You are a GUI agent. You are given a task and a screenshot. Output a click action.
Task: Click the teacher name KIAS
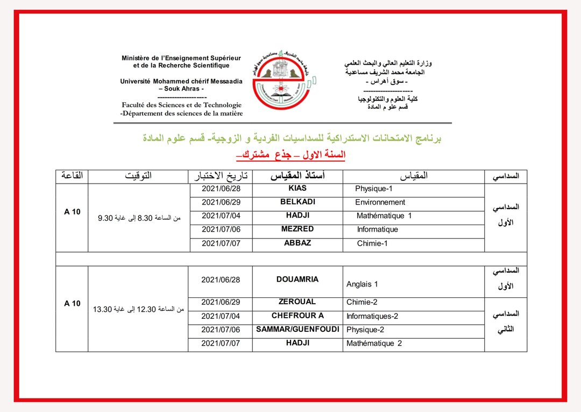297,188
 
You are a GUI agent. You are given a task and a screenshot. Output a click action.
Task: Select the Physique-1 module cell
374,189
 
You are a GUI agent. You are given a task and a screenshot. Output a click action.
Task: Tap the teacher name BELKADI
297,202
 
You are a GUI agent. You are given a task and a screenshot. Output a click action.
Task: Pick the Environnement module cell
380,202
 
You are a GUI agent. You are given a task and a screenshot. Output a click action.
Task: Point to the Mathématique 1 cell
384,216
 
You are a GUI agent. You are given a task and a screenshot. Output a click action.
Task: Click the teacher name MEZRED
297,229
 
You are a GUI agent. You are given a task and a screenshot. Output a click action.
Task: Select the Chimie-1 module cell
372,243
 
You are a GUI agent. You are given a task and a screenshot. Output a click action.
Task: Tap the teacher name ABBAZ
297,243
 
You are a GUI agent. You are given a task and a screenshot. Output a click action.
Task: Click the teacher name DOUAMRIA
297,280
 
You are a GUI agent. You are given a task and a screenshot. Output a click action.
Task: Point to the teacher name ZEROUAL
297,302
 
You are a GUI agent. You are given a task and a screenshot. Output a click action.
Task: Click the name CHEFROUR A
297,316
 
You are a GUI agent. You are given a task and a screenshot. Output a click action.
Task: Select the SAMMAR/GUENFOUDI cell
297,329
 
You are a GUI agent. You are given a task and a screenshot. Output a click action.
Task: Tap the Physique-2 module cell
365,330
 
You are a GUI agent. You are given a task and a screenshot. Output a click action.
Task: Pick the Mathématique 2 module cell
374,344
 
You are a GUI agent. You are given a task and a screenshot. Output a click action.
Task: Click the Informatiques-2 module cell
372,316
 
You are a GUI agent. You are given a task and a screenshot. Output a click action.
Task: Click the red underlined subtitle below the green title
290,155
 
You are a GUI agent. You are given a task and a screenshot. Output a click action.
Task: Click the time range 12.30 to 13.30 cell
138,309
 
